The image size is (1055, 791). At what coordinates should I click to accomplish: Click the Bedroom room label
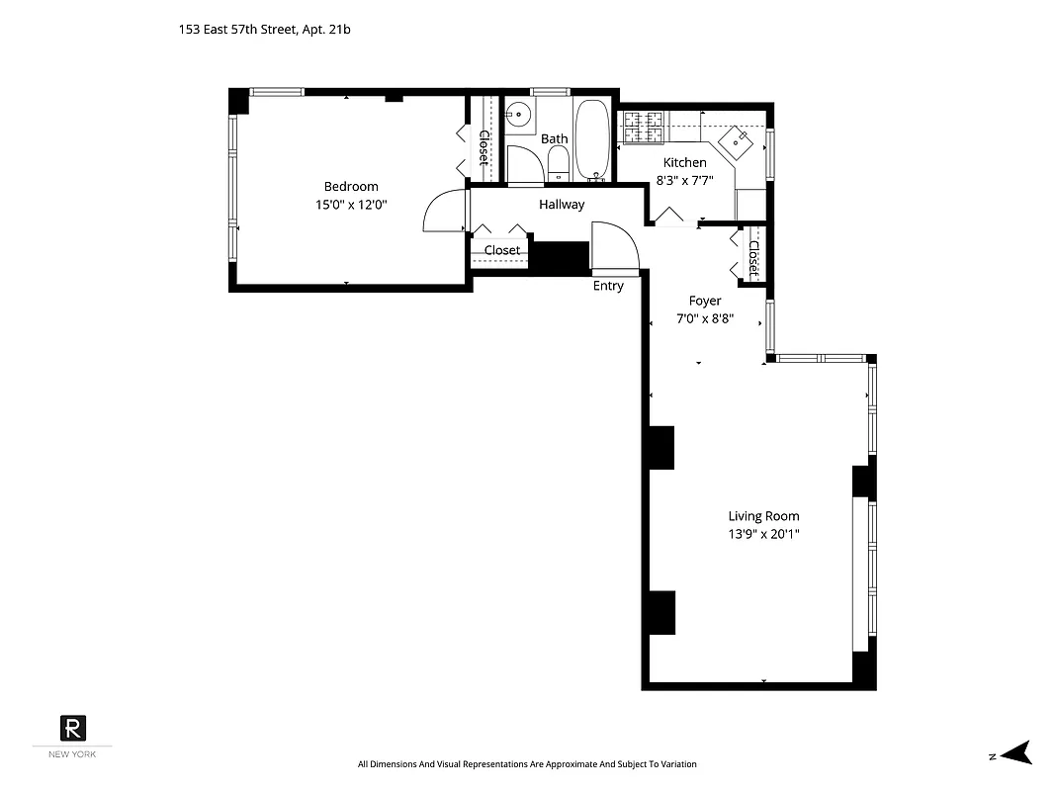[x=351, y=187]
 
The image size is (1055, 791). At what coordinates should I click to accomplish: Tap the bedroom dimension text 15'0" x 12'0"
[x=351, y=206]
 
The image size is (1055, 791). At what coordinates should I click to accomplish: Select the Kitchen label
[x=684, y=163]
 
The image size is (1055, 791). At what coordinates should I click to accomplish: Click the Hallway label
[x=562, y=205]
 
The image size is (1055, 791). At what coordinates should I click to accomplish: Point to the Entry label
[x=608, y=287]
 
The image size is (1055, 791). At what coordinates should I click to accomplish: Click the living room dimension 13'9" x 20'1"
[x=763, y=534]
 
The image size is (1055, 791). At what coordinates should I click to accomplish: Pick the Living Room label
[x=763, y=516]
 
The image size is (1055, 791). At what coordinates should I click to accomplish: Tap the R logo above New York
[x=73, y=727]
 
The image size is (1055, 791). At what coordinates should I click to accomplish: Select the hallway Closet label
[x=502, y=251]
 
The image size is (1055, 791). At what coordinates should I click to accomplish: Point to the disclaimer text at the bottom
[x=527, y=764]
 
